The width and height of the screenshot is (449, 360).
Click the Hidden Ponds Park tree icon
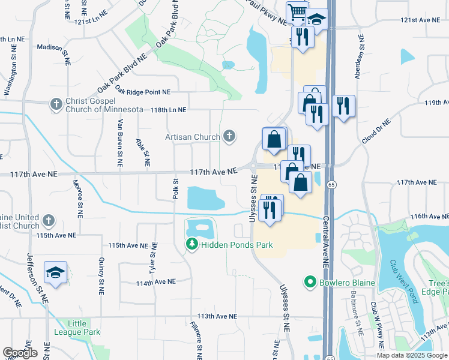point(191,244)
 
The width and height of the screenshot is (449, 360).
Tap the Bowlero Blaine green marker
point(310,281)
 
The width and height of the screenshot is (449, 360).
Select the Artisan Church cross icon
point(229,137)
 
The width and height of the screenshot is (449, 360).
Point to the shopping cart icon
point(297,12)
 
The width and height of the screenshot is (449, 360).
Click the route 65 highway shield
point(331,185)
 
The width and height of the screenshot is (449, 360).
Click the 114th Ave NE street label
point(156,281)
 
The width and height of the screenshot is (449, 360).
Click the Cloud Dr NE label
point(376,131)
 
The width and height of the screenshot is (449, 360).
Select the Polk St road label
point(176,187)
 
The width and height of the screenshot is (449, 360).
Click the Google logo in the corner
point(20,353)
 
